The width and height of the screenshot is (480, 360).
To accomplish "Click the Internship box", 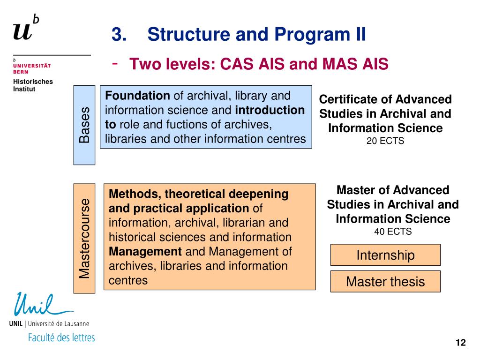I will click(x=385, y=255).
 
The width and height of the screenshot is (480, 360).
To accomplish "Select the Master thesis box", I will click(x=385, y=281).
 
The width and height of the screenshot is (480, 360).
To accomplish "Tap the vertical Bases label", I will click(x=84, y=125).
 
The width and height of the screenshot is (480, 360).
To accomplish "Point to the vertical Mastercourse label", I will click(x=84, y=238).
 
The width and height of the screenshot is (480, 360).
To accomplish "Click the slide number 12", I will click(x=460, y=343).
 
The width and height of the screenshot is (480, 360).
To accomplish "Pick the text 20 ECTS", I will click(x=385, y=141).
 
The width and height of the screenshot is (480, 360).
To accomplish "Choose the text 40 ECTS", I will click(x=393, y=232).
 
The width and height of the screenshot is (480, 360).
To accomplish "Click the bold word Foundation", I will click(x=138, y=96).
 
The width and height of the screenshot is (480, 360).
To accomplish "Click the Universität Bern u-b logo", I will click(x=26, y=28).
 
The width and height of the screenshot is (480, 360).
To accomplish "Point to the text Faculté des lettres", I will click(x=61, y=337).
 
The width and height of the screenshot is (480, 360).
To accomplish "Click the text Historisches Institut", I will click(x=33, y=85).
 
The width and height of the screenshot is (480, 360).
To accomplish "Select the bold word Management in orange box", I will click(x=145, y=252).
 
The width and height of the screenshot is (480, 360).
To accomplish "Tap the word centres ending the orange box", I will click(x=128, y=280).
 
